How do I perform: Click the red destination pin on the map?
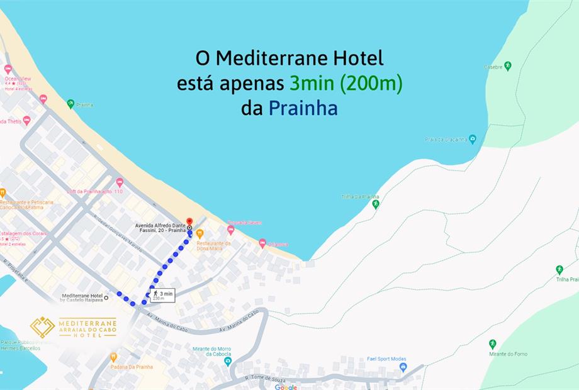pos(189,220)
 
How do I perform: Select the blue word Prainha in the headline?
pos(303,108)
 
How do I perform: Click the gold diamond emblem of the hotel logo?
pos(42,327)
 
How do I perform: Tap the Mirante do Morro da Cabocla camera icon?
pos(228,361)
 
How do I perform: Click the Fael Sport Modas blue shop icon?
pos(403,367)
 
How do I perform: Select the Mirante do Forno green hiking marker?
pos(493,344)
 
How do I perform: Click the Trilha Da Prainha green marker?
pos(376,204)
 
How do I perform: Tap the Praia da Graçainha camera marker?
pos(473,139)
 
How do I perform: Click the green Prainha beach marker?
pos(70,104)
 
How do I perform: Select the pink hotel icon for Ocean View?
pos(8,69)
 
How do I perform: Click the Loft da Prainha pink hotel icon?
pos(120,182)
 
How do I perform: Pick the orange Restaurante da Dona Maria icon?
pos(200,233)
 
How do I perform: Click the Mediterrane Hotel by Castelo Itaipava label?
pos(82,298)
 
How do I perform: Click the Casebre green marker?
pos(507,65)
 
